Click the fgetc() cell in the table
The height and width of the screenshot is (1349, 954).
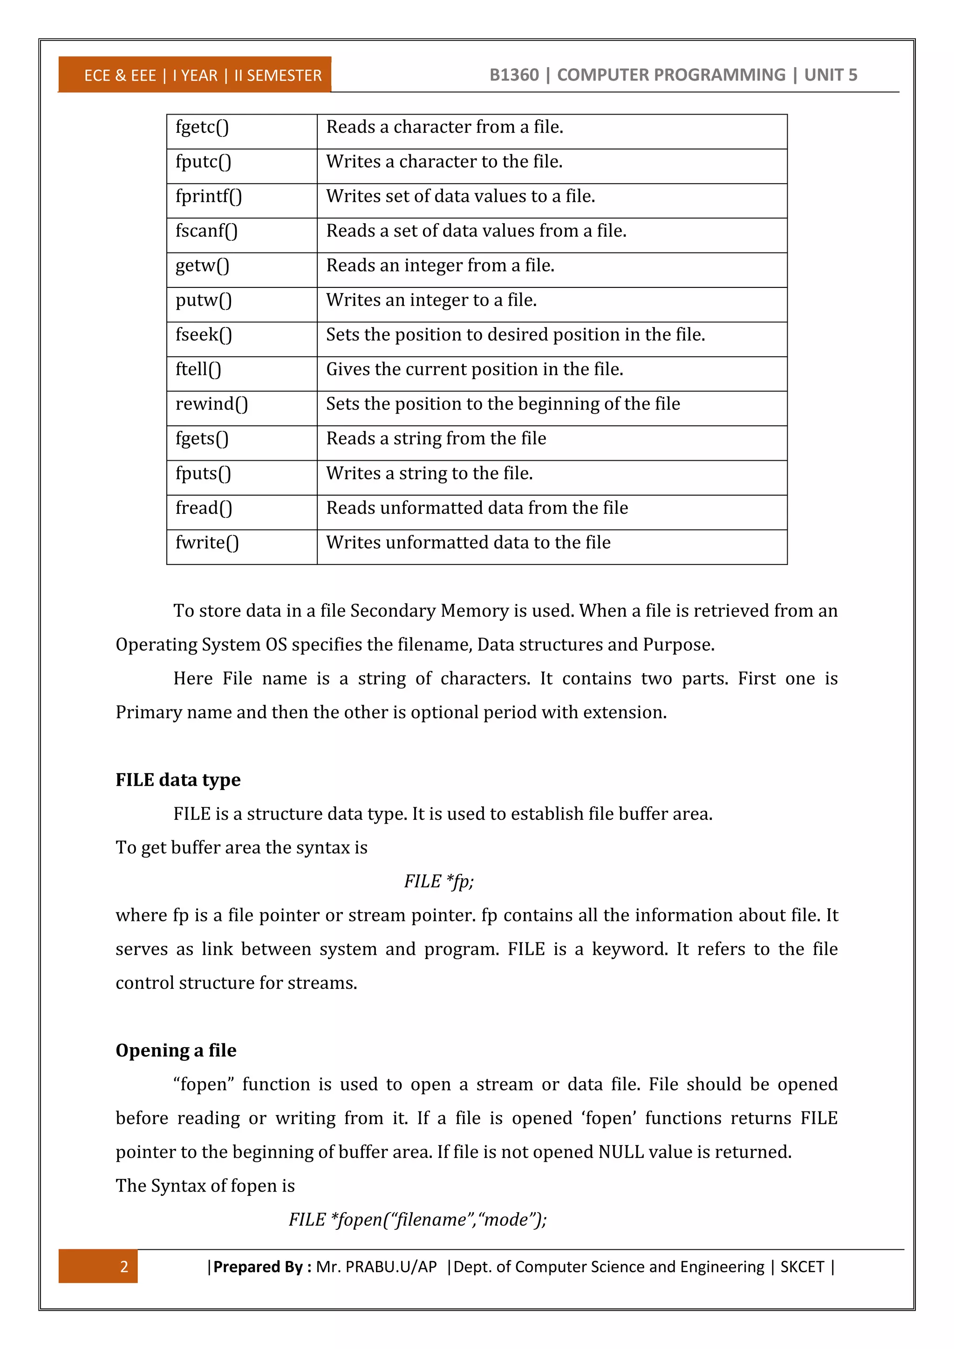pyautogui.click(x=202, y=128)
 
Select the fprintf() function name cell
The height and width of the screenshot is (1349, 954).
pyautogui.click(x=209, y=197)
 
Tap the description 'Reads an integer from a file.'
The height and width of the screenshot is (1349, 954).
pyautogui.click(x=440, y=266)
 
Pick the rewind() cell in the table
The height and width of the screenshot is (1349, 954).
pyautogui.click(x=211, y=404)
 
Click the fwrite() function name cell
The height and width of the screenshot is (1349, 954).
pyautogui.click(x=207, y=543)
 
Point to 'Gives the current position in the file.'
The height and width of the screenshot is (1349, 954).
pyautogui.click(x=474, y=369)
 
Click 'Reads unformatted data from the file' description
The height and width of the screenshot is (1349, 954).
pyautogui.click(x=477, y=508)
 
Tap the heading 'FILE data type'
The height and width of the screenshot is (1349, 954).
pyautogui.click(x=178, y=780)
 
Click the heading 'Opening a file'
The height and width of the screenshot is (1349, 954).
pyautogui.click(x=176, y=1050)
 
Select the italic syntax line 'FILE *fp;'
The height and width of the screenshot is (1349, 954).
pyautogui.click(x=438, y=881)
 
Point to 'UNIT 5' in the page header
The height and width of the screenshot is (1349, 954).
pyautogui.click(x=830, y=75)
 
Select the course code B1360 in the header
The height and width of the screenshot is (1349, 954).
pyautogui.click(x=514, y=75)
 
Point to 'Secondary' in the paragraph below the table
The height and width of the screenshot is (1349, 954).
pyautogui.click(x=394, y=611)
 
